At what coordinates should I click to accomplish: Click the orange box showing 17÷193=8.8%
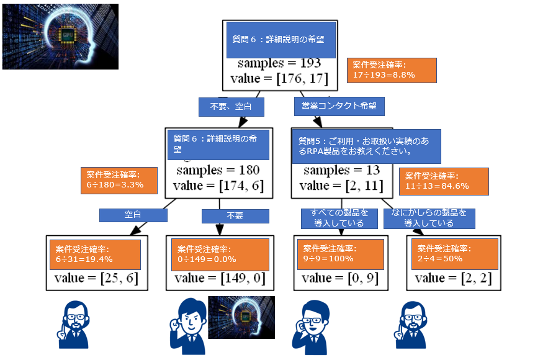[392, 70]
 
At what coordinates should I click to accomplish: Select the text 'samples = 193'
[279, 63]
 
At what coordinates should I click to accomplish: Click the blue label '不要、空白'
[231, 107]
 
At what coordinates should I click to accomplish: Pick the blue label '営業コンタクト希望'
[339, 106]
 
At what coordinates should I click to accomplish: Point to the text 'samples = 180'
[218, 169]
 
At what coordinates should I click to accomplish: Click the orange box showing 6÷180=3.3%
[119, 180]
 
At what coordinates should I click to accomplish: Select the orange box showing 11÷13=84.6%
[443, 181]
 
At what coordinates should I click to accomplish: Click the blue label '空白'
[133, 215]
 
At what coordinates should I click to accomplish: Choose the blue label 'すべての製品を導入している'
[339, 218]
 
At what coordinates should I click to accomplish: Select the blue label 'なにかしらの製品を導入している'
[429, 218]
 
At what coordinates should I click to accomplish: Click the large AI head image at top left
[60, 36]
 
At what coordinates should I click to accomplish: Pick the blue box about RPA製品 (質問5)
[366, 146]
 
